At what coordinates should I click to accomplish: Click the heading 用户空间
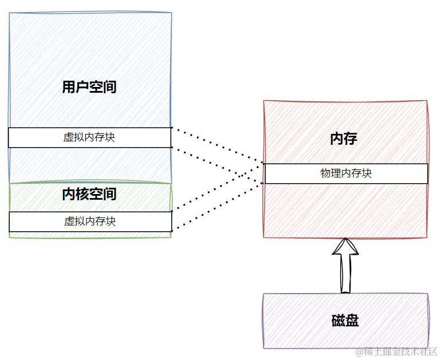tap(89, 87)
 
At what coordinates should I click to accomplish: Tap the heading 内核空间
tap(89, 194)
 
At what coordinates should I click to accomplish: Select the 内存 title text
tap(344, 139)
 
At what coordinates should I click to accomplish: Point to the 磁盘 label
tap(345, 321)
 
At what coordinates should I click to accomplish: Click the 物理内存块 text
tap(346, 173)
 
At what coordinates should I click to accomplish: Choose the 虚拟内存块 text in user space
tap(89, 137)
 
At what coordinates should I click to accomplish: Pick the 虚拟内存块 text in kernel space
tap(90, 221)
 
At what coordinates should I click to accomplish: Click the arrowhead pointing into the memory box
tap(345, 247)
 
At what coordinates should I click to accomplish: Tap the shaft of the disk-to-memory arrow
tap(345, 274)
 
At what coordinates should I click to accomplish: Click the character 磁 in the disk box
tap(338, 321)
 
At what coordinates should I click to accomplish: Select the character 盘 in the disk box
tap(352, 321)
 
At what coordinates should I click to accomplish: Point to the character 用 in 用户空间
tap(69, 87)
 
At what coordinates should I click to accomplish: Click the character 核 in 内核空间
tap(82, 194)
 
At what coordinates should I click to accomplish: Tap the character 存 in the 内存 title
tap(351, 139)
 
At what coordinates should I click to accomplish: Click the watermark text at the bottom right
tap(396, 351)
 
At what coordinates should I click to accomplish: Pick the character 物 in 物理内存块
tap(325, 173)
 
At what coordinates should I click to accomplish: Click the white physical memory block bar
tap(346, 173)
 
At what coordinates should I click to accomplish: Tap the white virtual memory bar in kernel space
tap(90, 221)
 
